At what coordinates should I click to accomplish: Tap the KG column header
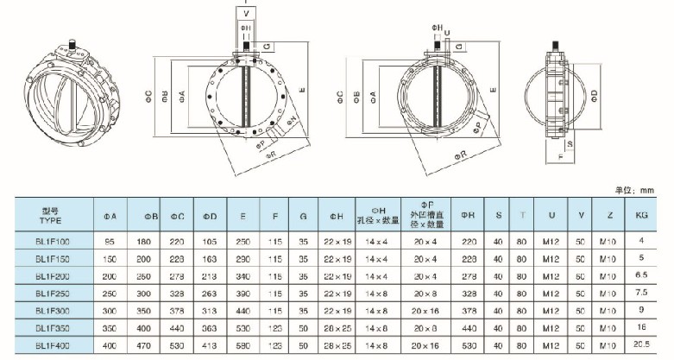pos(640,214)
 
